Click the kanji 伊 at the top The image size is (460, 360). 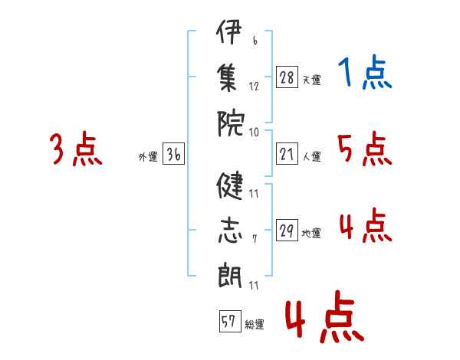229,31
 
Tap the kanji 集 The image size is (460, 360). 228,77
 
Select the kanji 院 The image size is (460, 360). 231,123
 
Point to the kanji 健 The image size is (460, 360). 230,185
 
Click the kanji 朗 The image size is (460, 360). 230,274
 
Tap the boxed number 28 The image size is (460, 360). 287,77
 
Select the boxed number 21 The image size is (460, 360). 287,154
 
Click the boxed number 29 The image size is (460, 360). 287,230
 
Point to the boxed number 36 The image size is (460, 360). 174,154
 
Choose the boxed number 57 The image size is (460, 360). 230,321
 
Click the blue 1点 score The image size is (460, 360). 365,72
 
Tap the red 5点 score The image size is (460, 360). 365,149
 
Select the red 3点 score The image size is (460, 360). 76,149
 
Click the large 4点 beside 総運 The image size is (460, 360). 324,316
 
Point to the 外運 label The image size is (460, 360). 148,157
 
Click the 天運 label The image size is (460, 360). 312,80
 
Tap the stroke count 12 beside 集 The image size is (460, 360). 254,87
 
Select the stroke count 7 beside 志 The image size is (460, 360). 255,239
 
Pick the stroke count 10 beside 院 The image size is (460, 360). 254,133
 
